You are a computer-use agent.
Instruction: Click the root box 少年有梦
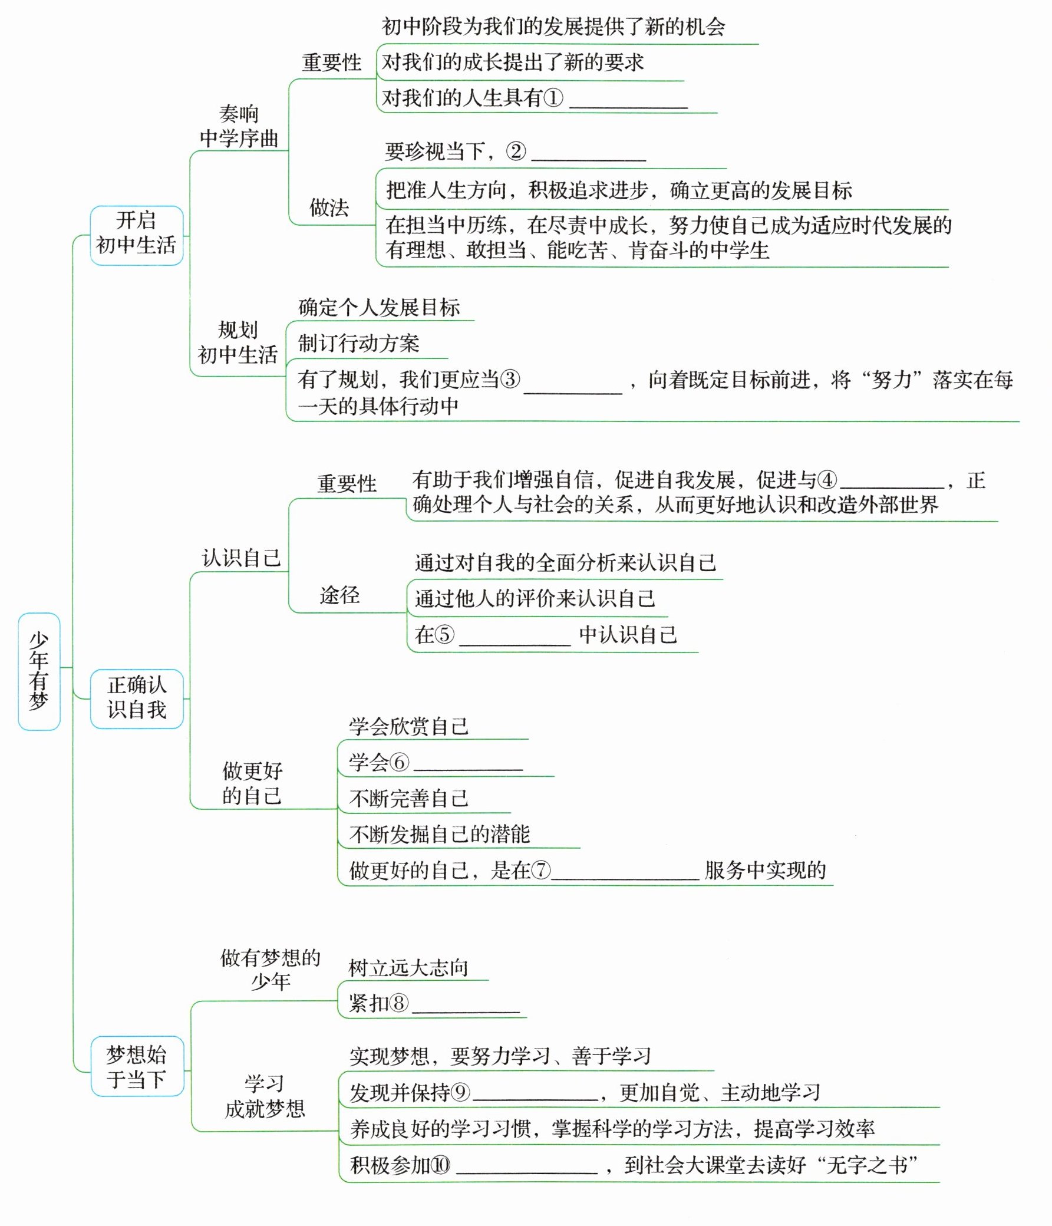point(39,671)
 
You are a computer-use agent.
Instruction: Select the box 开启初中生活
point(136,235)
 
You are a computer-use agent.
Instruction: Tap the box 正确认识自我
point(136,698)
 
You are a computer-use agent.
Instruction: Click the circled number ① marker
point(553,98)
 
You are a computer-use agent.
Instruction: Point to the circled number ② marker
point(515,151)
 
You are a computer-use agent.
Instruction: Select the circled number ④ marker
point(827,480)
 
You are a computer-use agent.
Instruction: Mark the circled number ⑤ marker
point(444,635)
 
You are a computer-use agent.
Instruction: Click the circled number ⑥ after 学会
point(400,763)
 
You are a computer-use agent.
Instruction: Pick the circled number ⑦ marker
point(541,871)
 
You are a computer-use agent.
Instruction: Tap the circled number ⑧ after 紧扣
point(400,1003)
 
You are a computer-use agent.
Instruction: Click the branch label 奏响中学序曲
point(239,126)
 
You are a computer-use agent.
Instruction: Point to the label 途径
point(339,595)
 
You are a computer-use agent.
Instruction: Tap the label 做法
point(329,207)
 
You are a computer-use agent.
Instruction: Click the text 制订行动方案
point(358,343)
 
